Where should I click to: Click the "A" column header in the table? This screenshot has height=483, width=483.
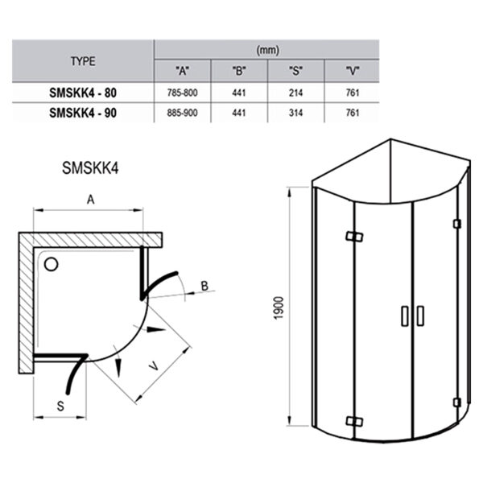(x=182, y=70)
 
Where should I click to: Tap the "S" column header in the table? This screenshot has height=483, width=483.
(x=295, y=70)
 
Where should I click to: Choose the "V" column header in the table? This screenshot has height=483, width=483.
(x=350, y=70)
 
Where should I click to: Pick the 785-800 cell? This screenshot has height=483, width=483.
(x=182, y=93)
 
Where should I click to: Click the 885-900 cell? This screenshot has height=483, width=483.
(x=182, y=112)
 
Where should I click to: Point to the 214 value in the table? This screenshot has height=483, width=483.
(x=295, y=93)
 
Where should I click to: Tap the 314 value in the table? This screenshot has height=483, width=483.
(x=295, y=112)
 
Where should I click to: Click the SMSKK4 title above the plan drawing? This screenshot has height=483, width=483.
(x=90, y=170)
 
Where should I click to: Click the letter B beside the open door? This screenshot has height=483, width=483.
(x=204, y=286)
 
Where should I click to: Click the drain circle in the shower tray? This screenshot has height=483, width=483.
(x=53, y=262)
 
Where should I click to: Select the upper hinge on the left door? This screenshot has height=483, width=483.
(x=352, y=237)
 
